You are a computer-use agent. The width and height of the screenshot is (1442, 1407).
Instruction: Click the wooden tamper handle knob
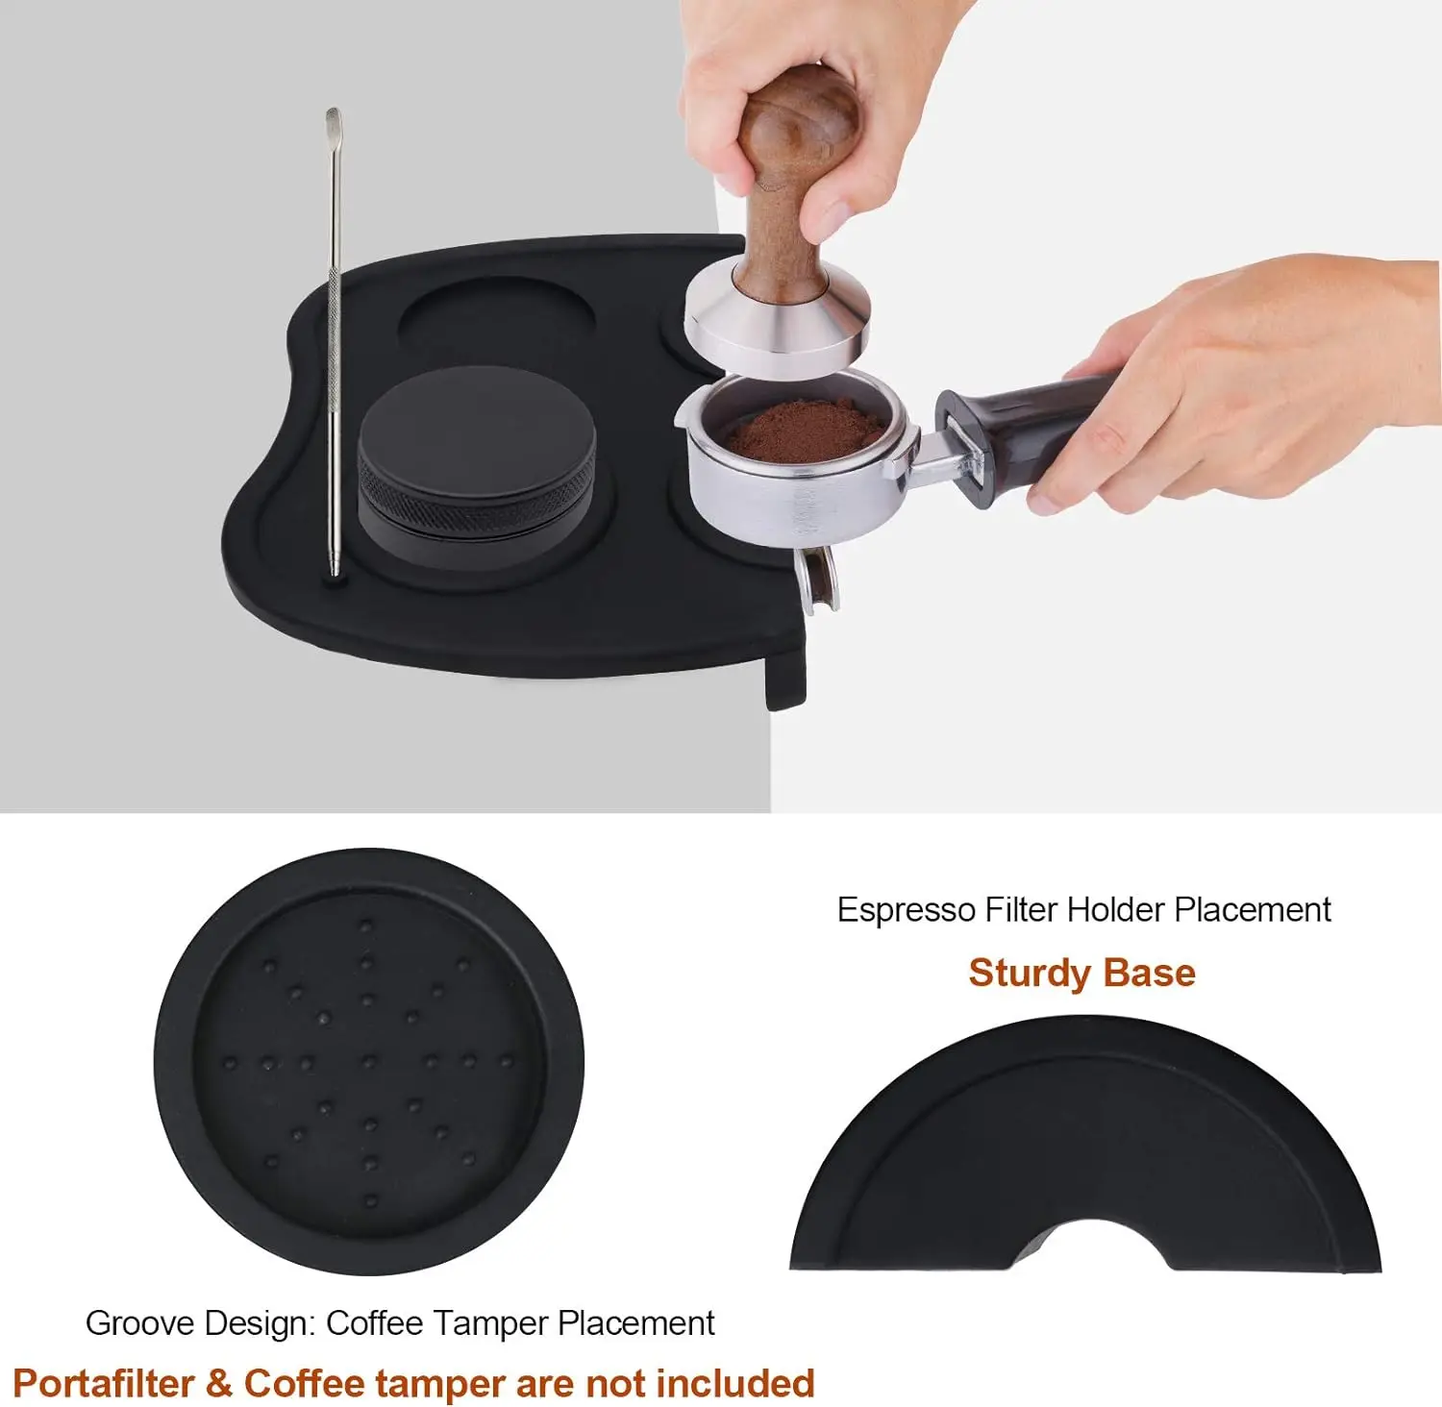coord(800,120)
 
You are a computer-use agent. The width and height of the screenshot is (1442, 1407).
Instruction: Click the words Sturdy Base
coord(1081,973)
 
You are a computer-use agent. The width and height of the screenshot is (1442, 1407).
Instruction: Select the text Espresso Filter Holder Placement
coord(1083,909)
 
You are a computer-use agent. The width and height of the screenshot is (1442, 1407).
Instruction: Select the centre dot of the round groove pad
coord(368,1061)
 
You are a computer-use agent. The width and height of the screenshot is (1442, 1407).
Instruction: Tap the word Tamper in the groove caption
coord(503,1323)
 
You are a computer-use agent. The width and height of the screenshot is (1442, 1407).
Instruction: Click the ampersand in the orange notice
coord(219,1383)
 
